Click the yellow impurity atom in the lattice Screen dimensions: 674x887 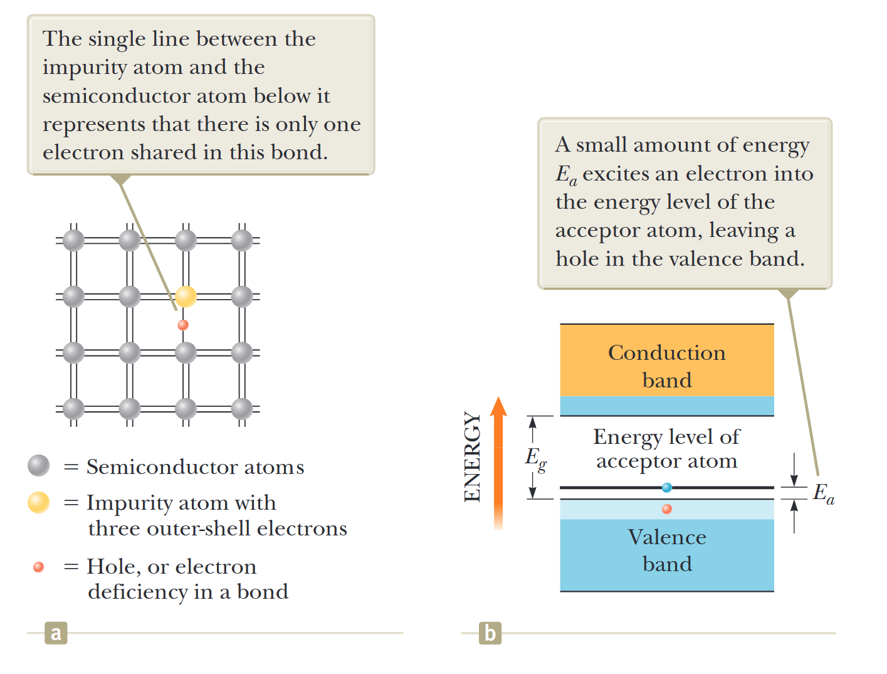click(x=186, y=296)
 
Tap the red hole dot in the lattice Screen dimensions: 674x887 click(x=183, y=325)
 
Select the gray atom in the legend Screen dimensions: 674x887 click(x=39, y=465)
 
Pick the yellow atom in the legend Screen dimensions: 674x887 click(x=39, y=502)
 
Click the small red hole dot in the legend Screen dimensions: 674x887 click(x=39, y=567)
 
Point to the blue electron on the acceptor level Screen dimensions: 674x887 click(x=667, y=487)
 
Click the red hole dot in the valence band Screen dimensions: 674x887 click(x=667, y=508)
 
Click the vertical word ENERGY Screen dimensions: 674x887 click(x=472, y=456)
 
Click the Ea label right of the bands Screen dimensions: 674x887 click(x=823, y=493)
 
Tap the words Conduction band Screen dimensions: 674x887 click(x=667, y=366)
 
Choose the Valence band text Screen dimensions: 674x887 click(x=667, y=550)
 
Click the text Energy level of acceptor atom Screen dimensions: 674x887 click(x=667, y=449)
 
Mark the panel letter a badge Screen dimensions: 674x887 click(x=56, y=633)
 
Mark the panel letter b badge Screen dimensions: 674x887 click(x=490, y=633)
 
